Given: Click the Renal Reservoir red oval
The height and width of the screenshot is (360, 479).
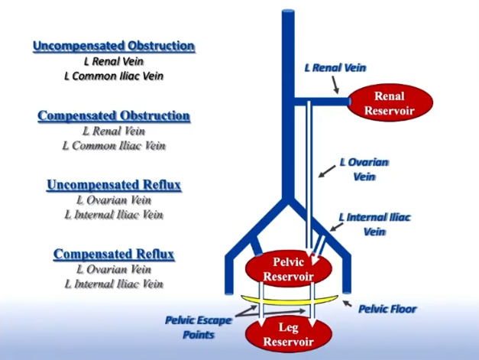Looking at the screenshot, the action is (390, 103).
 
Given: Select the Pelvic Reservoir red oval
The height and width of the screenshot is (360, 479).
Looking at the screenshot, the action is (289, 269).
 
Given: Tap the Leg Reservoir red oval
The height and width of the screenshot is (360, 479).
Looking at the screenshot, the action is (289, 334).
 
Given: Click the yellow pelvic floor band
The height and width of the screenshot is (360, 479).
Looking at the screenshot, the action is (290, 300).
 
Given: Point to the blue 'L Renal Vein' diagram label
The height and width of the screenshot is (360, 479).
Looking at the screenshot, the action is (335, 67).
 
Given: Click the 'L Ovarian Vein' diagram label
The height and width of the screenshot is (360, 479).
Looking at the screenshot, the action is (364, 170).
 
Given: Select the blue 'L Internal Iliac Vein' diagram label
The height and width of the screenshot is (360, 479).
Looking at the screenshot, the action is (375, 224).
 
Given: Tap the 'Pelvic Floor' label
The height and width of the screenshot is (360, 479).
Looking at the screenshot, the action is (387, 309).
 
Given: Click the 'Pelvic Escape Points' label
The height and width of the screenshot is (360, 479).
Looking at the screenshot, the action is (199, 328).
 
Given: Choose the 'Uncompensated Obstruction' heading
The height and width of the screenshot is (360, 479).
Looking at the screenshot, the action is (114, 46).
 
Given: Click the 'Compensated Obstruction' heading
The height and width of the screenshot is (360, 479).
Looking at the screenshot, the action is (114, 116).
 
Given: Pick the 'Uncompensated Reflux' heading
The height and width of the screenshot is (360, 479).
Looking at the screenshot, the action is (114, 185).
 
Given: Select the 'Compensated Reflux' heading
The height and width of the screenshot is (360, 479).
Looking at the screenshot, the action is (114, 255).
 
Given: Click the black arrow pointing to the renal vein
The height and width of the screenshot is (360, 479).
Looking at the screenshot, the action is (335, 85).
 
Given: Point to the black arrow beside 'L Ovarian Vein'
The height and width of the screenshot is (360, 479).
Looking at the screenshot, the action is (327, 171).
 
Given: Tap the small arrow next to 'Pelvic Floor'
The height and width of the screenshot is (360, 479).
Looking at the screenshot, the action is (347, 303).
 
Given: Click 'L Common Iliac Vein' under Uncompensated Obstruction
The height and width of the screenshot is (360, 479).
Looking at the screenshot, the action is (114, 76).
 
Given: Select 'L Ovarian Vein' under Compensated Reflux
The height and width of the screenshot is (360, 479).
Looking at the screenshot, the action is (114, 269).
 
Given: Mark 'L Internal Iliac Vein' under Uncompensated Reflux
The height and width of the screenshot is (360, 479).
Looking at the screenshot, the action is (114, 215).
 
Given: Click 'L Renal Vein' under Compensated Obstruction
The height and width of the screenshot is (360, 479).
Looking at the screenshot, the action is (114, 131).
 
